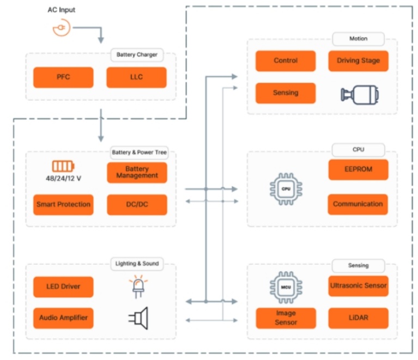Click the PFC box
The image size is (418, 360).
[63, 77]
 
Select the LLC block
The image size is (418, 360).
[136, 77]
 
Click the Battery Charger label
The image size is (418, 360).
[137, 55]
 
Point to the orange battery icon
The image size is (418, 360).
[63, 167]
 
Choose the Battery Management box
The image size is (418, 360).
[137, 173]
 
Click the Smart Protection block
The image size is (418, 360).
[63, 205]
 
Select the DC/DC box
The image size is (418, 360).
[137, 205]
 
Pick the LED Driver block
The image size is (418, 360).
[63, 287]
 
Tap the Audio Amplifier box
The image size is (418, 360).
[63, 318]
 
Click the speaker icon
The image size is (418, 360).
[138, 318]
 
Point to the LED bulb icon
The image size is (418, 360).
[137, 287]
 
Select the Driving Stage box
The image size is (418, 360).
[358, 61]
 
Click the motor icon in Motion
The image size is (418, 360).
[360, 94]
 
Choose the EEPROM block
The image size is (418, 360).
[358, 169]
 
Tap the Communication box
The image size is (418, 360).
[358, 204]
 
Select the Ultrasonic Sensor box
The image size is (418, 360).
[358, 286]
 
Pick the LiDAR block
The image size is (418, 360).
[358, 318]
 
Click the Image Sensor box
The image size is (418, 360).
[286, 318]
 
